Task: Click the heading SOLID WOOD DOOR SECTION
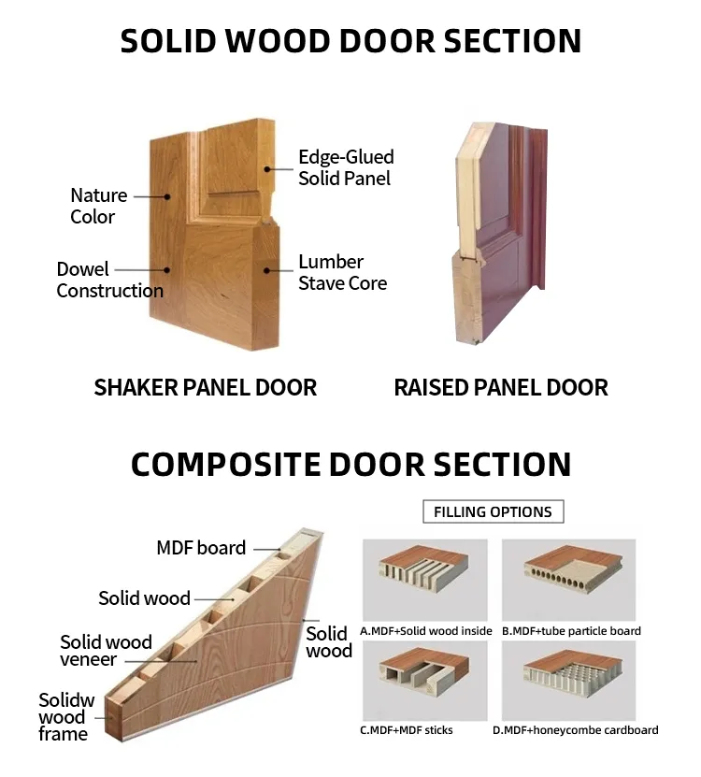pyautogui.click(x=350, y=41)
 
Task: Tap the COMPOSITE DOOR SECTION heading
pyautogui.click(x=350, y=465)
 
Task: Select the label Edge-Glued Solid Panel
pyautogui.click(x=346, y=167)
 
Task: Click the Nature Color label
pyautogui.click(x=99, y=206)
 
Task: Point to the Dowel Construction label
pyautogui.click(x=109, y=280)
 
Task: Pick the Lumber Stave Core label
pyautogui.click(x=342, y=272)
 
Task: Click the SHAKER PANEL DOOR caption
pyautogui.click(x=206, y=387)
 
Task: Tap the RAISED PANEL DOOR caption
pyautogui.click(x=501, y=387)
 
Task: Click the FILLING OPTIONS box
pyautogui.click(x=493, y=511)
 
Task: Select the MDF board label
pyautogui.click(x=201, y=548)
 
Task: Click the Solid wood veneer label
pyautogui.click(x=106, y=651)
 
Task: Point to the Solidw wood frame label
pyautogui.click(x=64, y=717)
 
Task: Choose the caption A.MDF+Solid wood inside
pyautogui.click(x=426, y=631)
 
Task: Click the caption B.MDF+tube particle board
pyautogui.click(x=571, y=631)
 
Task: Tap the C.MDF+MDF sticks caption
pyautogui.click(x=407, y=729)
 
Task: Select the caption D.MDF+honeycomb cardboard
pyautogui.click(x=575, y=729)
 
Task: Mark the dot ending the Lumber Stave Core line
pyautogui.click(x=266, y=271)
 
